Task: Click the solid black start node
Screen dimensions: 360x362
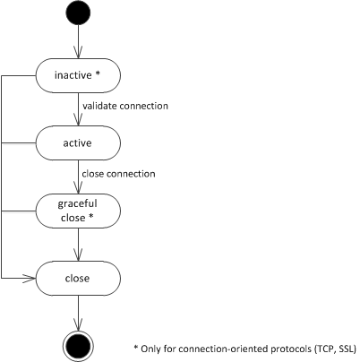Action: [78, 13]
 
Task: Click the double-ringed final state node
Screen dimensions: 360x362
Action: [78, 346]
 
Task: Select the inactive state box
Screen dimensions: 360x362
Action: [78, 75]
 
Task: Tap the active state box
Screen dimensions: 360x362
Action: [78, 143]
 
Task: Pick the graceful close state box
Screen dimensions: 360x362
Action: [78, 211]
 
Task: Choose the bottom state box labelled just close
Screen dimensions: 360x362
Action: [78, 279]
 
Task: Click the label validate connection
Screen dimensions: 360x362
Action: [125, 106]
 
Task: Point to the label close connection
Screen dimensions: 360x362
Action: [118, 174]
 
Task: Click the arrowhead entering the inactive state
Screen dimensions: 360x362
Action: [78, 52]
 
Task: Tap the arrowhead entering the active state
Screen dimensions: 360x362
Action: [78, 120]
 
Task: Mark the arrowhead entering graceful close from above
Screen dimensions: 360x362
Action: [78, 187]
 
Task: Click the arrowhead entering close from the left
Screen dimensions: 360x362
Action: [30, 279]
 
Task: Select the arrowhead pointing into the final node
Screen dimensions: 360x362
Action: [78, 324]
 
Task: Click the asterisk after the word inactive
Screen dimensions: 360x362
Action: [98, 74]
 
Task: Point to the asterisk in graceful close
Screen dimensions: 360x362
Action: [90, 217]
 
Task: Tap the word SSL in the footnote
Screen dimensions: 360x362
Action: [347, 349]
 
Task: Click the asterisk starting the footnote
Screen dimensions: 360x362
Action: [136, 348]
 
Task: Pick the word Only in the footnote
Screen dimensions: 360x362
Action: [149, 349]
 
